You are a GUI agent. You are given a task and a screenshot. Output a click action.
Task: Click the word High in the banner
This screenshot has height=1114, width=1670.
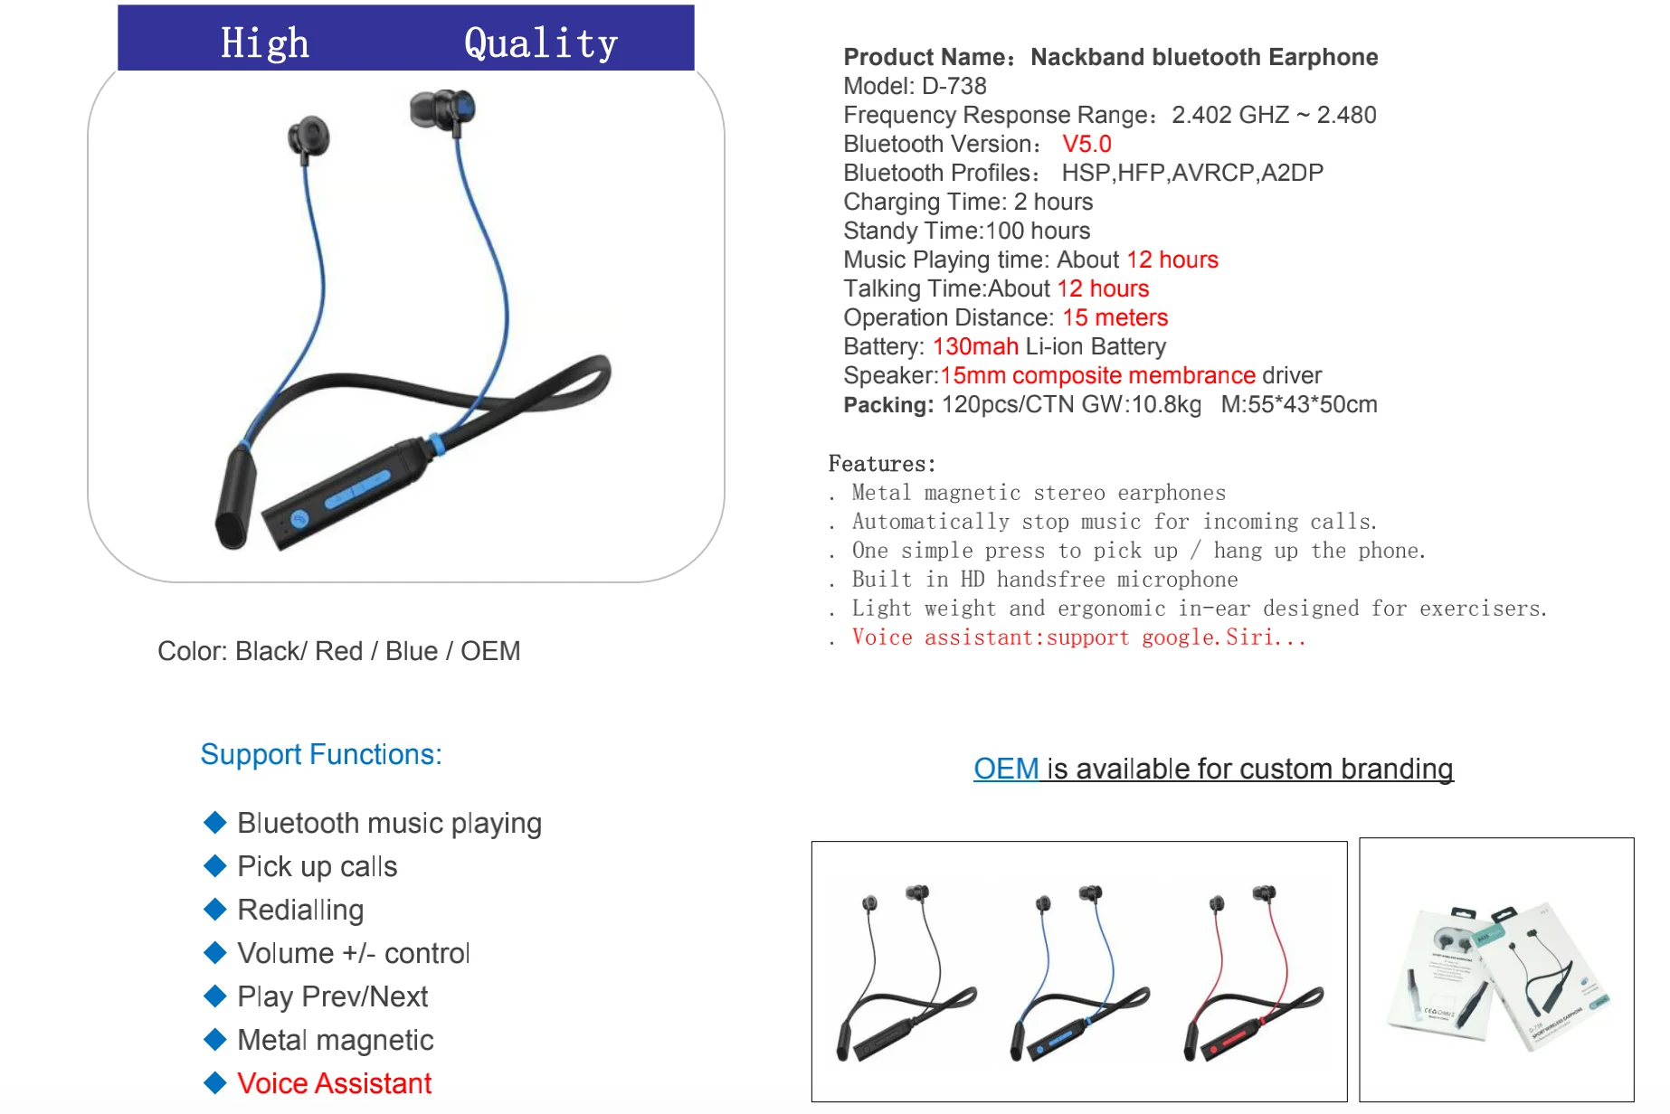pos(264,42)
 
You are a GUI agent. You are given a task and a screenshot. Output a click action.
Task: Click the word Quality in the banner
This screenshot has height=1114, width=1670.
pos(540,42)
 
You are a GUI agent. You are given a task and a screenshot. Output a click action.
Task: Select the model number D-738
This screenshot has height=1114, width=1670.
pos(954,86)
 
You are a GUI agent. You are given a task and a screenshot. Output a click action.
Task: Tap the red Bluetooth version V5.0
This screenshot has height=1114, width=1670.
pos(1086,144)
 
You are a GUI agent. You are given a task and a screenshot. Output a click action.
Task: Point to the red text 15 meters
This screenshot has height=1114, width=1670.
pos(1115,317)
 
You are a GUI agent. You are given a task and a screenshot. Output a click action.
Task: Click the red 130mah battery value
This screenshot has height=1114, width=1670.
pos(975,346)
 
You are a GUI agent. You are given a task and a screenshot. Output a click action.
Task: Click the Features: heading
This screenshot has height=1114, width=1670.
pos(881,464)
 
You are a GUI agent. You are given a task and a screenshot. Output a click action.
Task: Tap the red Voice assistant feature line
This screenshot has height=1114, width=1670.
pos(1078,637)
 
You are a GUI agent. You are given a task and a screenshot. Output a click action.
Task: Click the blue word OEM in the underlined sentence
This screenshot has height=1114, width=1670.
pos(1006,769)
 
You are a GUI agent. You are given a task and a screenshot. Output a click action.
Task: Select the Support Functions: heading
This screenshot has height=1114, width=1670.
pos(321,754)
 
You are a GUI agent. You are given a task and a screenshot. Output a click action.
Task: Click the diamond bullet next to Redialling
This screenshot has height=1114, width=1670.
pos(215,909)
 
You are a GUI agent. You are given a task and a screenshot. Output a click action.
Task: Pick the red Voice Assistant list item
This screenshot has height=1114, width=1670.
pos(334,1083)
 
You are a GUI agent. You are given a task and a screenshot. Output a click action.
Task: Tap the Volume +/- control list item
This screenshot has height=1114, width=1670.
pos(353,953)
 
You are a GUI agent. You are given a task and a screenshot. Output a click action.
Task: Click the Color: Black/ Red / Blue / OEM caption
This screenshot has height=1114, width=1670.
pos(338,651)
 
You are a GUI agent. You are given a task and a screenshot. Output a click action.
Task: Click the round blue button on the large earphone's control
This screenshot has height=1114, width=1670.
pos(299,518)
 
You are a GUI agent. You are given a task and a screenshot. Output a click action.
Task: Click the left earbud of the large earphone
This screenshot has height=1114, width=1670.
pos(308,137)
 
